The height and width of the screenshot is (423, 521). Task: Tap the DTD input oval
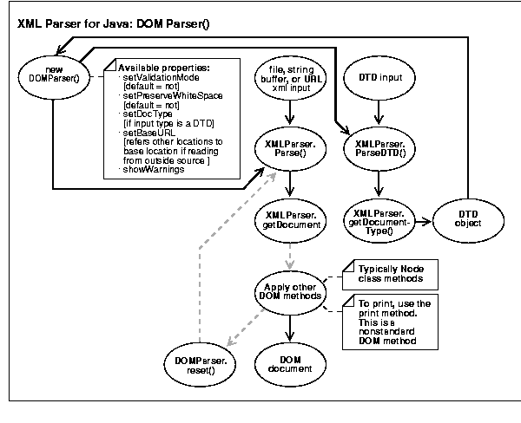pos(379,77)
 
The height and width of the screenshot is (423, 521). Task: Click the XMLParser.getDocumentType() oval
pos(379,220)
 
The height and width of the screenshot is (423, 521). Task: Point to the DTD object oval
pos(468,219)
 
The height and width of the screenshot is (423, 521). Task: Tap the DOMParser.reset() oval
pos(199,361)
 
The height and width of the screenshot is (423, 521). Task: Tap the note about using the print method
pos(395,320)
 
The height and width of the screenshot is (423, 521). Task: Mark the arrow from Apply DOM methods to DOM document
pos(292,327)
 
